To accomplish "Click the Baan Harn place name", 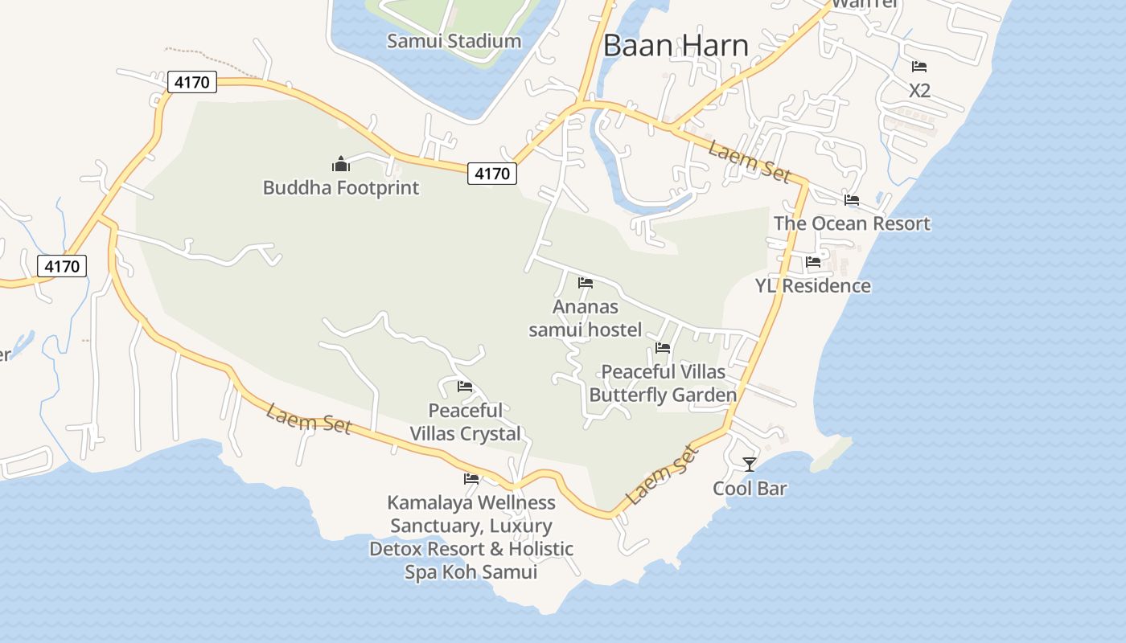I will coord(676,45).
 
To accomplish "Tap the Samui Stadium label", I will coord(454,41).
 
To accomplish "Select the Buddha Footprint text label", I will coord(341,188).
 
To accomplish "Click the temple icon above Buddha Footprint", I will coord(341,165).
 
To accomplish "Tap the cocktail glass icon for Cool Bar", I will coord(750,465).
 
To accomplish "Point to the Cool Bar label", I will coord(750,489).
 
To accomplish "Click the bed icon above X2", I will coord(919,67).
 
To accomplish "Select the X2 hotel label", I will coord(919,91).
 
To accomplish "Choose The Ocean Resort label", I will coord(852,223).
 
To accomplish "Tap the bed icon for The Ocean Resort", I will coord(852,200).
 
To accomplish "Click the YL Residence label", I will coord(812,286).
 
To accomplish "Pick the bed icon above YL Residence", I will coord(812,262).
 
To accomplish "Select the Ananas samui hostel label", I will coord(586,318).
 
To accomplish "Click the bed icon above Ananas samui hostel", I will coord(586,283).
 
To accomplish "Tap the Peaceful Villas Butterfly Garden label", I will coord(663,383).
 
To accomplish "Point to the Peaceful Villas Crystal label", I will coord(466,422).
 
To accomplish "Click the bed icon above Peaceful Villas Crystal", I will coord(465,387).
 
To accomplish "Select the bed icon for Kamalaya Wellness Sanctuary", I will coord(471,479).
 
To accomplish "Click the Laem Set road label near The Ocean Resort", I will coord(750,162).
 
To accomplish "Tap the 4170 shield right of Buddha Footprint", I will coord(492,173).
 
